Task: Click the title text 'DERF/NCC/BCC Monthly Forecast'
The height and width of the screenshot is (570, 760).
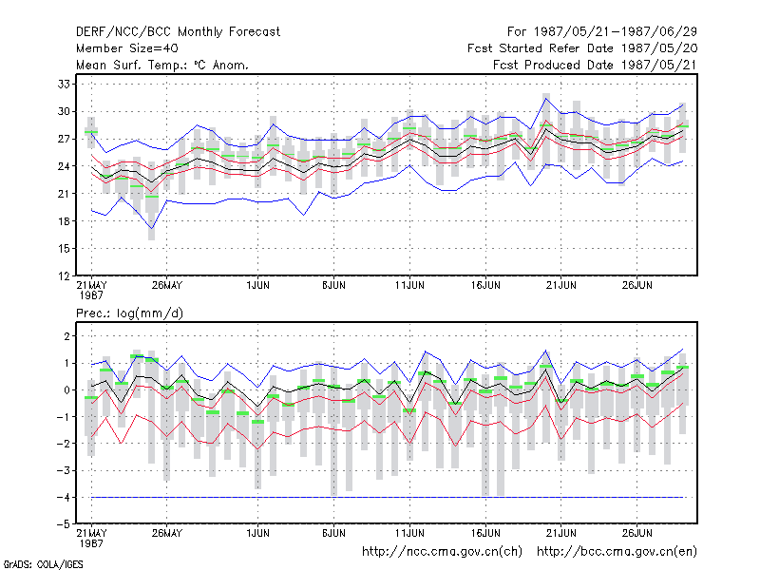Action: [x=178, y=32]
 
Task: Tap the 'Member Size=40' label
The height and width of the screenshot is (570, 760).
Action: [x=127, y=48]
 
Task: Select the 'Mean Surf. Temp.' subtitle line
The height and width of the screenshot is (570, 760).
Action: [x=161, y=65]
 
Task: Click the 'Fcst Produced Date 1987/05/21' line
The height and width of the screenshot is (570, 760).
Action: [x=595, y=65]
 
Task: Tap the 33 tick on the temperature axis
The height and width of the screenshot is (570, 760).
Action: [x=64, y=84]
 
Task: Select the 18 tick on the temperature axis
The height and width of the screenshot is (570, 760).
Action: [x=64, y=221]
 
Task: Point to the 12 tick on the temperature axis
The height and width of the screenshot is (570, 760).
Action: [x=64, y=276]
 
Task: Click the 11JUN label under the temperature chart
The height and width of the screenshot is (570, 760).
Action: [x=409, y=285]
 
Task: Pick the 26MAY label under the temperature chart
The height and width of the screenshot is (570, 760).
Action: [x=167, y=285]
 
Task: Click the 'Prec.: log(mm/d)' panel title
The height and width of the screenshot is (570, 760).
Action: [x=129, y=313]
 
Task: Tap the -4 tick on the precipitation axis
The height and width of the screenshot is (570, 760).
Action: [x=63, y=497]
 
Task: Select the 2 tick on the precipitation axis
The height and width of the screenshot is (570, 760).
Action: [x=66, y=336]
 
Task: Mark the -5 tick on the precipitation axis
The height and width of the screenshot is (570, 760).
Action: [x=63, y=524]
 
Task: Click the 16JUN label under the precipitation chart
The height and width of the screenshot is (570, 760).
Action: [x=485, y=533]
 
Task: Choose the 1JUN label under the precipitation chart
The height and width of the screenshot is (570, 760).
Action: [x=257, y=533]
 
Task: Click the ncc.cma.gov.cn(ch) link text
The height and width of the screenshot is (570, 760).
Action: [x=442, y=552]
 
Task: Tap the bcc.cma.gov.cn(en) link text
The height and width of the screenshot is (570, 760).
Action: [x=617, y=552]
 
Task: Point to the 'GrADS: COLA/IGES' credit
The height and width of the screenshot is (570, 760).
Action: [x=43, y=564]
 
